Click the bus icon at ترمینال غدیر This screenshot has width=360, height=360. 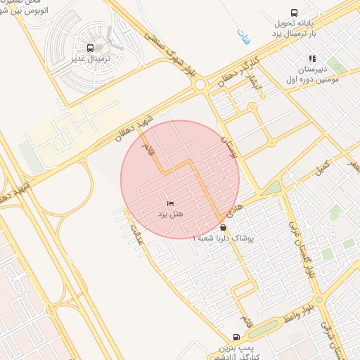[x=91, y=49]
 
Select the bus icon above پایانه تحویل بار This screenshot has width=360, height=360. [x=293, y=13]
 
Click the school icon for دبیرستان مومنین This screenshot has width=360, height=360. [x=312, y=59]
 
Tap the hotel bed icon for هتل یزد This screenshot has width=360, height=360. [x=171, y=203]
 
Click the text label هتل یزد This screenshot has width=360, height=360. [x=169, y=214]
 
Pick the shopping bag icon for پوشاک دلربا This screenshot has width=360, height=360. [x=223, y=228]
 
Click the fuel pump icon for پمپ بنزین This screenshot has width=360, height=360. [x=236, y=337]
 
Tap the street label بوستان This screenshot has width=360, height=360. [x=227, y=148]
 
